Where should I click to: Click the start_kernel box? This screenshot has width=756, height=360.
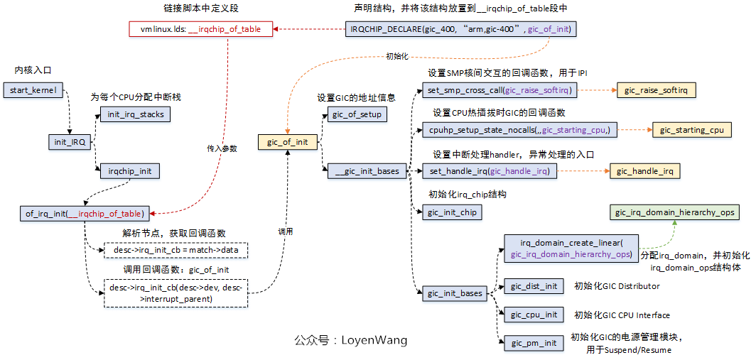(x=33, y=91)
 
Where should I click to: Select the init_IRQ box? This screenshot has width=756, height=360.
(x=70, y=142)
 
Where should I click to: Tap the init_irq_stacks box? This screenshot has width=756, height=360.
(x=135, y=114)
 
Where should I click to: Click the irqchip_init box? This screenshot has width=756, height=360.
(x=129, y=171)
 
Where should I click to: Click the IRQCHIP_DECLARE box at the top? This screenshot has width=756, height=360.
(x=460, y=29)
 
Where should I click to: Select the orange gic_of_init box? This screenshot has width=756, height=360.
(x=287, y=142)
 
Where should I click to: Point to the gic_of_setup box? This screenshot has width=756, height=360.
(x=357, y=114)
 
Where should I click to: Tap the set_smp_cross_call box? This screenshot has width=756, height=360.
(x=499, y=90)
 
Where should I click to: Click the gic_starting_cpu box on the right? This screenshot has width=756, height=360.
(x=691, y=130)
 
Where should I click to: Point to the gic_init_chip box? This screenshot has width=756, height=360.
(x=452, y=212)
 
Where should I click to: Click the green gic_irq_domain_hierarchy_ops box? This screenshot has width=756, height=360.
(x=674, y=212)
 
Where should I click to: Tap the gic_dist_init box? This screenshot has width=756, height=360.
(x=534, y=286)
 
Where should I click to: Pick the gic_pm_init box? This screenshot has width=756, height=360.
(x=534, y=343)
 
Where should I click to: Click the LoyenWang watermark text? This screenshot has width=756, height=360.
(x=351, y=340)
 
